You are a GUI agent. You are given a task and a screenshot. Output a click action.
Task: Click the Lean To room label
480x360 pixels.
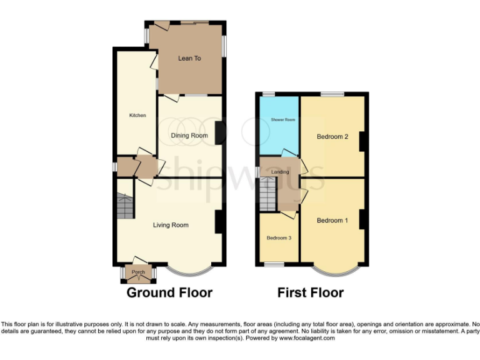pos(189,58)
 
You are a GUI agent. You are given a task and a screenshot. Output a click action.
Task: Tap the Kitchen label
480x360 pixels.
pos(137,115)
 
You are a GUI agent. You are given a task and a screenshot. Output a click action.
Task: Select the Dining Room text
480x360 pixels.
pos(189,135)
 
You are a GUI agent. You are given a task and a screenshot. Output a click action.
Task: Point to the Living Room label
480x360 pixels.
pos(171,225)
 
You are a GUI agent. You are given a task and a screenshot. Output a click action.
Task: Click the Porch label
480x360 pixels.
pos(138,272)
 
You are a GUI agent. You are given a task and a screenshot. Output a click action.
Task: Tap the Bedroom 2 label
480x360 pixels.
pos(332,137)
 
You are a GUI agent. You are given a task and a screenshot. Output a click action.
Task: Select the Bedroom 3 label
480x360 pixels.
pos(278,238)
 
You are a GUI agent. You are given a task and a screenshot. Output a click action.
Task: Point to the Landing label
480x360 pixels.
pos(279,172)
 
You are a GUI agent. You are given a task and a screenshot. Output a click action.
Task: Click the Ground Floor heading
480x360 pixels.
pos(169,292)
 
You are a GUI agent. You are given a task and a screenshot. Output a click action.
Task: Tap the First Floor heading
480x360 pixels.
pos(311,292)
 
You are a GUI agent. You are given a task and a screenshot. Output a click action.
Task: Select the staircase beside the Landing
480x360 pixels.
pos(267,194)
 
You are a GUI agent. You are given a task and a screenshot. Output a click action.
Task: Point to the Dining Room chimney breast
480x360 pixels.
pos(220,132)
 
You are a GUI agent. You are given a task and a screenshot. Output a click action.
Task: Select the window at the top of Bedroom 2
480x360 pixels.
pos(332,94)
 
